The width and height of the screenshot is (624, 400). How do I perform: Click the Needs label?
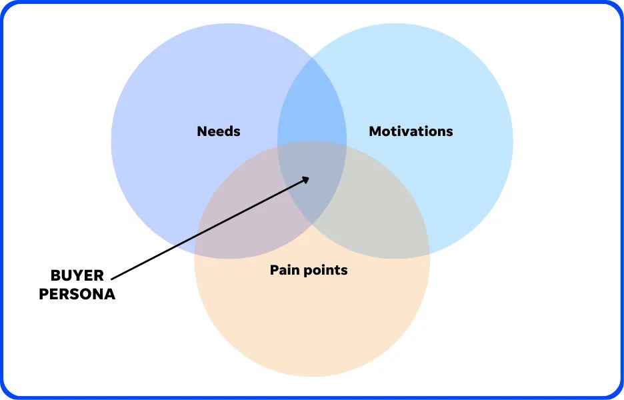219,131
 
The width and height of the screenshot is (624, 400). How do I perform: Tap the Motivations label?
411,131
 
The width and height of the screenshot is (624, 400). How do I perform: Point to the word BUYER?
77,276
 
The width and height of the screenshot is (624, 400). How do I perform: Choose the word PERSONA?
77,294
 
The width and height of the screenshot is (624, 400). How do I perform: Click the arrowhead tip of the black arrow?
310,177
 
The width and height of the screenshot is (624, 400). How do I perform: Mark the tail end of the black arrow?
112,279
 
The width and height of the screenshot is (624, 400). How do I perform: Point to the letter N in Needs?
201,131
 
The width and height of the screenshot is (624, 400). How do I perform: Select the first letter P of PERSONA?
44,294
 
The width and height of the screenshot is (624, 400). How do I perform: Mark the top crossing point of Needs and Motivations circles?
312,58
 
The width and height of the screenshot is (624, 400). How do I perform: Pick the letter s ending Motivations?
449,132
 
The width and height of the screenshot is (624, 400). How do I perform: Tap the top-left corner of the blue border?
5,5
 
